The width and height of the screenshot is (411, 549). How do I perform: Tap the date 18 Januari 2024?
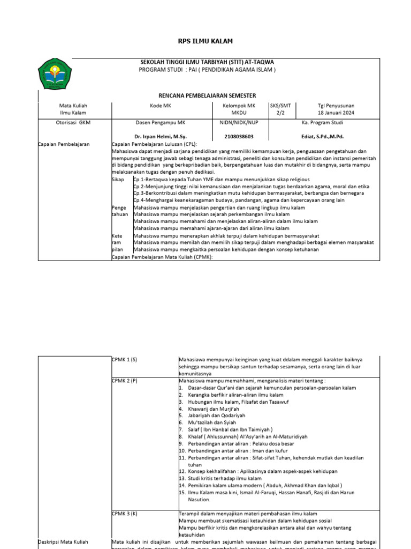(x=336, y=113)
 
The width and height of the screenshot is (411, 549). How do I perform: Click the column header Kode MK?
(x=161, y=106)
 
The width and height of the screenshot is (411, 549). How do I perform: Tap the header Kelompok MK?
(x=239, y=106)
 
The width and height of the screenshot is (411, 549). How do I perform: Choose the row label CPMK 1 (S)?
(x=125, y=359)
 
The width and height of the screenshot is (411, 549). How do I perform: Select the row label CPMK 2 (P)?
(x=125, y=380)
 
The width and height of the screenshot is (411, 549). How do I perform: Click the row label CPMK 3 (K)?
(x=125, y=513)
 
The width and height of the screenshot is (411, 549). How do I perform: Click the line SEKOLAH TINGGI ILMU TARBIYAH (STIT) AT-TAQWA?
(x=207, y=62)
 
